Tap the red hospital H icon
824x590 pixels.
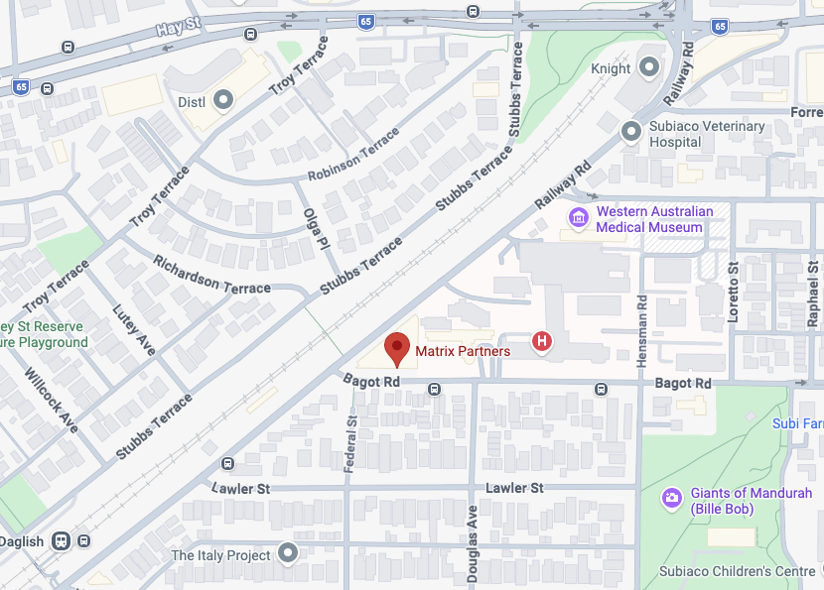pos(542,342)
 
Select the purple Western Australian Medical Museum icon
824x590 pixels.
pos(578,217)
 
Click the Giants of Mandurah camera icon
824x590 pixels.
pos(672,497)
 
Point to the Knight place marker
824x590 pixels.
pos(649,67)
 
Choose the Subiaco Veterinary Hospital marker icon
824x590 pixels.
pos(630,131)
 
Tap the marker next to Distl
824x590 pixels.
pos(223,99)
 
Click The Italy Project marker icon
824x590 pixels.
pos(288,553)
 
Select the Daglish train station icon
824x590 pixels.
pos(62,540)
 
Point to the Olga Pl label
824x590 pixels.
pos(317,228)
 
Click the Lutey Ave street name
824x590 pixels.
pos(133,330)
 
